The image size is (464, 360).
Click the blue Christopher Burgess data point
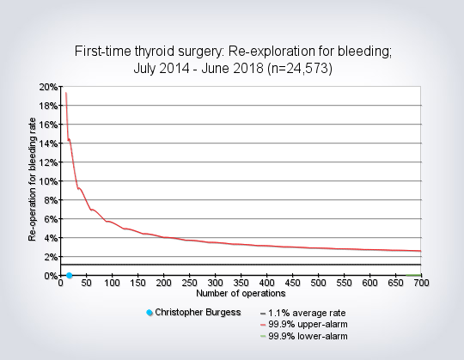pos(70,276)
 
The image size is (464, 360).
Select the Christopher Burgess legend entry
pos(194,313)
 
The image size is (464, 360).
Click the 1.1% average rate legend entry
pos(303,313)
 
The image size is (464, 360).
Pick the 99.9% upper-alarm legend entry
pos(304,325)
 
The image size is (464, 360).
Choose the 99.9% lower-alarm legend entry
pos(304,336)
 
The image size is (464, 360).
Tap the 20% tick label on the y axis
pos(48,87)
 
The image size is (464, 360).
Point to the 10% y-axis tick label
pos(48,181)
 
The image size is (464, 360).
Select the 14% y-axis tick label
pos(48,143)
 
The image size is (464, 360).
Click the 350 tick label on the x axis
pos(241,283)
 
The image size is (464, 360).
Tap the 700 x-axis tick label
pos(421,283)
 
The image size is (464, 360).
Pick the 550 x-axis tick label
pos(344,283)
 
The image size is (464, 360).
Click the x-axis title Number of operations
pos(241,294)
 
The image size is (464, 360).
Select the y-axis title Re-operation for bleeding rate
pos(33,180)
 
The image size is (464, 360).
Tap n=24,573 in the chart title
pos(300,69)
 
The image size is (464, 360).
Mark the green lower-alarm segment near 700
pos(413,275)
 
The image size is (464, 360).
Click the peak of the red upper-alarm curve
pos(65,93)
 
